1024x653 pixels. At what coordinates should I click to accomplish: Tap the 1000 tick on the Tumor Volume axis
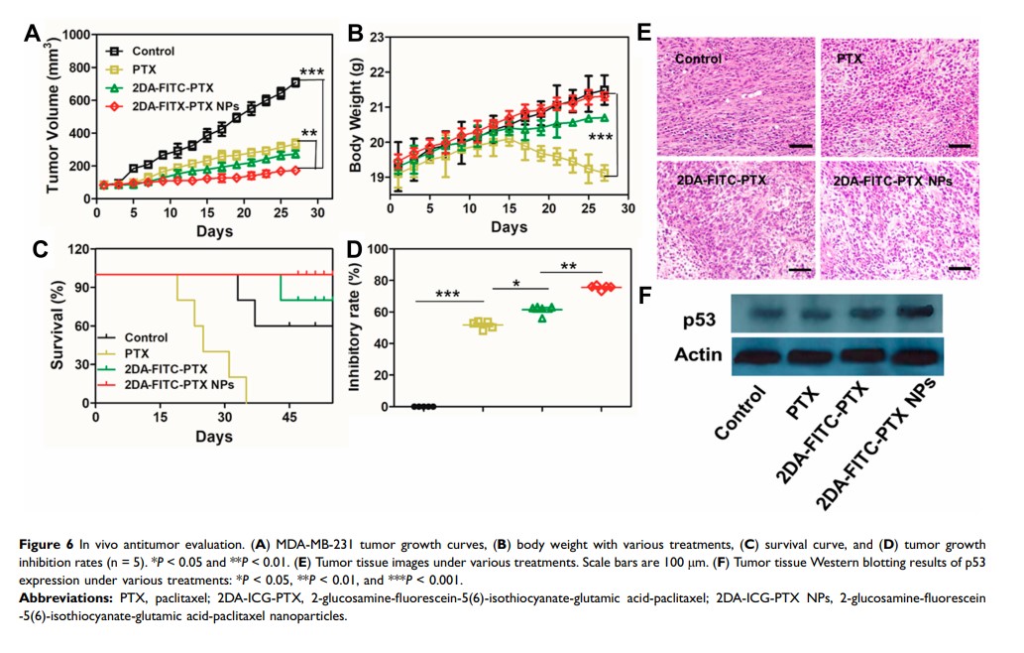(76, 36)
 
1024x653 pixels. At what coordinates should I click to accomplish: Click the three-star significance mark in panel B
(601, 137)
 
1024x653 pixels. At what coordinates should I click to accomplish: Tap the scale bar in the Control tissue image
(801, 146)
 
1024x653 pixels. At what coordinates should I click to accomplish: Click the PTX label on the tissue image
(850, 59)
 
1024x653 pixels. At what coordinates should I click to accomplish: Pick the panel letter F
(644, 295)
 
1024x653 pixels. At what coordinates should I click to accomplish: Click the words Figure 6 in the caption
(49, 545)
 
